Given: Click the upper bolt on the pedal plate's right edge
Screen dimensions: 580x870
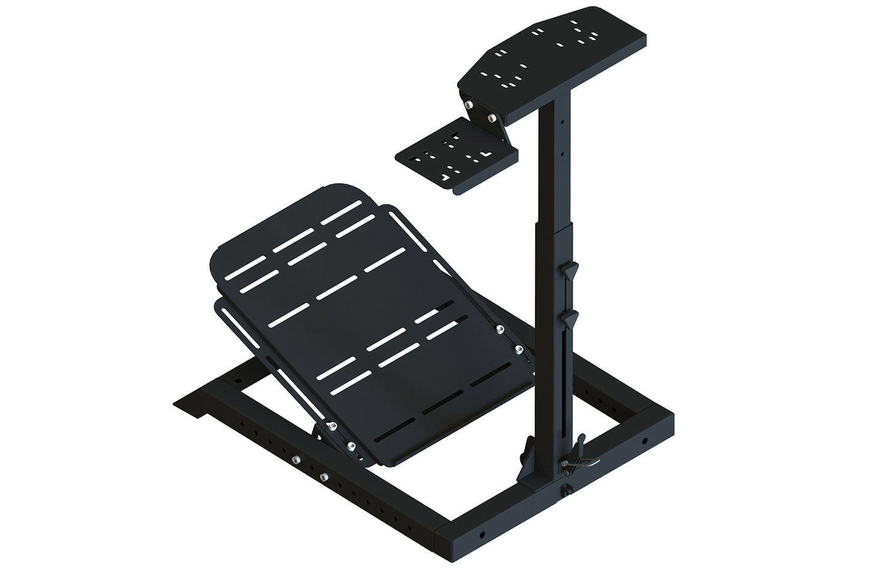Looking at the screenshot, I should click(x=499, y=328).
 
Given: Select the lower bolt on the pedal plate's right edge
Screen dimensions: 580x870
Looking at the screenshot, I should click(x=518, y=348).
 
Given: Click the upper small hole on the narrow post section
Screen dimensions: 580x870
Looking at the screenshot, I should click(x=561, y=120).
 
